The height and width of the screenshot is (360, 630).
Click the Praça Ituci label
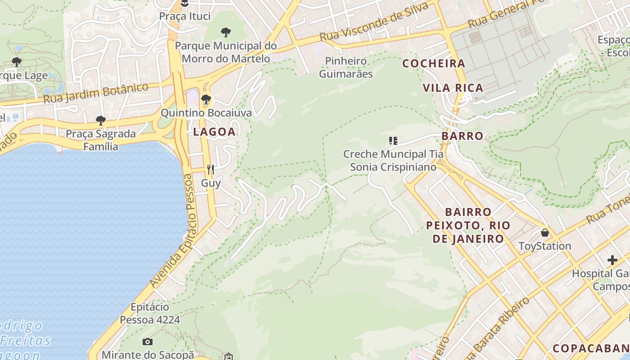click(184, 16)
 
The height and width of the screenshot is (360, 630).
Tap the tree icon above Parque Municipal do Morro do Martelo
click(226, 32)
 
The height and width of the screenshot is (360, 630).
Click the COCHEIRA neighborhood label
click(434, 63)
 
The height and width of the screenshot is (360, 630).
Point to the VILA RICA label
click(453, 88)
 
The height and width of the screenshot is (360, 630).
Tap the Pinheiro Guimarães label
click(346, 67)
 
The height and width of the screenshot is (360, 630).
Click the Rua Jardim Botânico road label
click(96, 93)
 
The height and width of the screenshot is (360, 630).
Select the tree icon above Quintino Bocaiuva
click(206, 99)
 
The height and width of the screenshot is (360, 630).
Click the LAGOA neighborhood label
click(214, 132)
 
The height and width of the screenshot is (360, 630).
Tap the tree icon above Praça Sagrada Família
click(100, 120)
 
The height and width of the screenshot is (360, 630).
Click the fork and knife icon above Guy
click(211, 169)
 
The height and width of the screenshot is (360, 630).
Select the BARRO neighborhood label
click(462, 136)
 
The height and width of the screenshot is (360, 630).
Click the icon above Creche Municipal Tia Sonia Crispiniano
click(393, 141)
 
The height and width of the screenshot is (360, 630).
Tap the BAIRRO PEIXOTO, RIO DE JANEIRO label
click(468, 225)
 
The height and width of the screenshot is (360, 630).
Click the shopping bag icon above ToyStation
click(545, 233)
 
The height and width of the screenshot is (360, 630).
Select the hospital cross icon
click(612, 260)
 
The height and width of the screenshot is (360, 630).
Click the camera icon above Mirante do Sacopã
click(148, 342)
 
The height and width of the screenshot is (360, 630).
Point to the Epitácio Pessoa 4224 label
click(150, 313)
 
